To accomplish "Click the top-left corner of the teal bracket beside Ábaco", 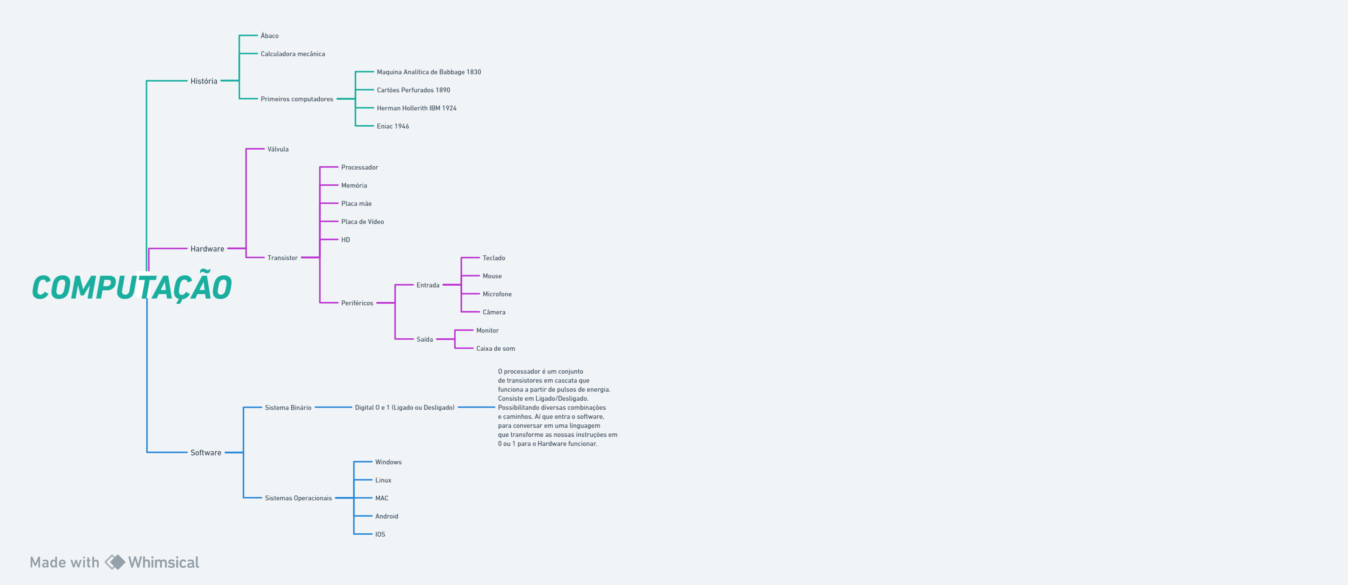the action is (239, 36).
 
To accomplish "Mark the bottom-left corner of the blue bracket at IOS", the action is (354, 534).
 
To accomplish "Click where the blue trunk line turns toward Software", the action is (147, 452).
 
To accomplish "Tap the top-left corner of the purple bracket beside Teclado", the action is (461, 258).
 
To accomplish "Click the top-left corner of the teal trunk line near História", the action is (146, 81).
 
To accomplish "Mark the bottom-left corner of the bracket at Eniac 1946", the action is (355, 126).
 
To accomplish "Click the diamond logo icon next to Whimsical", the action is (115, 562).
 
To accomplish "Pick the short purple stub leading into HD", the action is (329, 240).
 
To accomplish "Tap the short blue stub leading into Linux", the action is (363, 480).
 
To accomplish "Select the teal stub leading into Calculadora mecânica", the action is (248, 53).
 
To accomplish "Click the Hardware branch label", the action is (207, 249).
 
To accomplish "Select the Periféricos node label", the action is (357, 303).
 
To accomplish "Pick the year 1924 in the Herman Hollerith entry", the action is (449, 108).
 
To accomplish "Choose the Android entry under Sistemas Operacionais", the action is (387, 516).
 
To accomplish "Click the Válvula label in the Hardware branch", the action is (278, 149).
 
